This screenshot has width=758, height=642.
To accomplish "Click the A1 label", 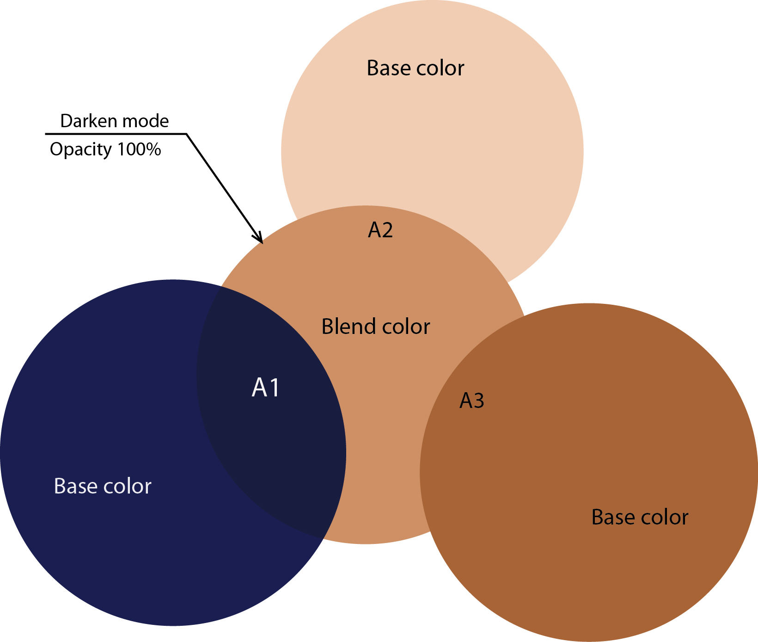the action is (x=266, y=388).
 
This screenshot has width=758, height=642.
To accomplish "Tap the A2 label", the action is (x=380, y=230).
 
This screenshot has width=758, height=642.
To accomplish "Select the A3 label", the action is (x=471, y=401).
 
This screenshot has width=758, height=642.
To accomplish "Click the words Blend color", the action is (x=375, y=327).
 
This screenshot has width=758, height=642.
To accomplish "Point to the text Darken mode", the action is (x=114, y=121).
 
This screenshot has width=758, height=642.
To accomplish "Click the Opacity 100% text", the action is (x=105, y=149).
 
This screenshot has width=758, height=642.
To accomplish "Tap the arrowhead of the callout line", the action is (x=260, y=240).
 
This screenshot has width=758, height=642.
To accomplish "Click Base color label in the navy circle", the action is (x=103, y=486).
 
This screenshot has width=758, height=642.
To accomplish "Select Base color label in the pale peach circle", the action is (x=415, y=68).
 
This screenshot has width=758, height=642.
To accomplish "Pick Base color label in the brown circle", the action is (x=640, y=517).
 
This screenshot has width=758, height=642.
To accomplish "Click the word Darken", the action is (x=88, y=121).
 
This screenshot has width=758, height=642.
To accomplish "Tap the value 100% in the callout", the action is (x=139, y=149).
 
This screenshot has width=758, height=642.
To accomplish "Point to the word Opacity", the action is (x=81, y=150).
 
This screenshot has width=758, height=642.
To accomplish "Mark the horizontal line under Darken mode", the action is (x=116, y=134).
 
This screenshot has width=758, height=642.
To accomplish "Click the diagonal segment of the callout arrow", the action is (x=222, y=185).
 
